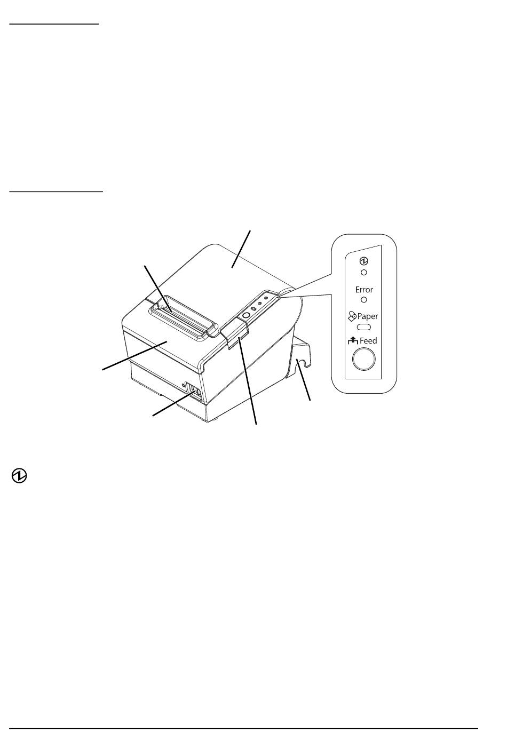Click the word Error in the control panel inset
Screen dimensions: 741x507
coord(364,290)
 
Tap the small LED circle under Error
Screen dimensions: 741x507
coord(364,300)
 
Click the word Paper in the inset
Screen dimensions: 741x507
coord(368,316)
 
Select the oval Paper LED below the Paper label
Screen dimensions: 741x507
coord(364,326)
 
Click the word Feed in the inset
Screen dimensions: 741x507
coord(368,341)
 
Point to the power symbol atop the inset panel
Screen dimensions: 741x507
coord(364,261)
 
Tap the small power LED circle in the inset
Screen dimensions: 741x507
coord(364,272)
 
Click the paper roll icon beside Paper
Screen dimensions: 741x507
coord(352,316)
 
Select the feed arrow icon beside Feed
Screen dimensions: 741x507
coord(352,340)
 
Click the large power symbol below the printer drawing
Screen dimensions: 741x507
coord(20,476)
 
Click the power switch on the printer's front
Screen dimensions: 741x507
coord(192,391)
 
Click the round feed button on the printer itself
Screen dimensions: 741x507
coord(245,315)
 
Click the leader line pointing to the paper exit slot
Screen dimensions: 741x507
coord(157,286)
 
